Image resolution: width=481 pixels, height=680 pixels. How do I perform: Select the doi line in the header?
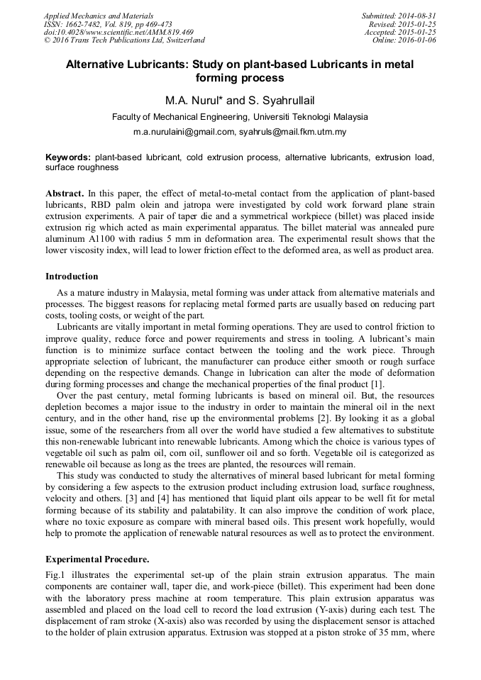tap(118, 32)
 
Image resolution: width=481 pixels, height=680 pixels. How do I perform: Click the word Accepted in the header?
tap(382, 32)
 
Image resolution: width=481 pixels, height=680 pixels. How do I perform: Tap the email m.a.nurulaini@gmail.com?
tap(184, 132)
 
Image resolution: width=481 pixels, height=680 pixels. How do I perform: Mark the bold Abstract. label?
tap(65, 193)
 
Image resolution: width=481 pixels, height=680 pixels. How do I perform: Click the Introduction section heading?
tap(72, 277)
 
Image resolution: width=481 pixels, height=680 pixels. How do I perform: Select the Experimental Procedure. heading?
tap(96, 559)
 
